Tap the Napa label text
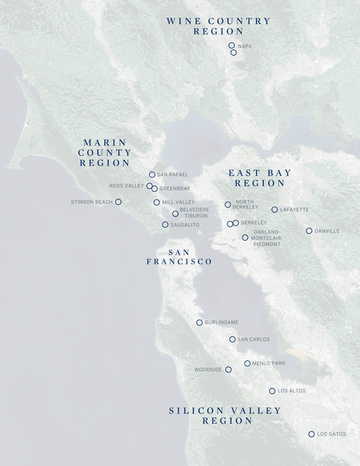tap(245, 46)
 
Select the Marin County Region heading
tap(104, 152)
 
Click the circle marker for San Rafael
tap(152, 175)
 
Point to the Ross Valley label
tap(126, 186)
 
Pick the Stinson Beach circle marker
tap(118, 201)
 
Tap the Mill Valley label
tap(177, 202)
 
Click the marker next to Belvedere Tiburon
tap(176, 214)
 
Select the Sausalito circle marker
tap(165, 225)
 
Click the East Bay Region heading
tap(259, 178)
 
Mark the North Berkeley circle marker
tap(228, 205)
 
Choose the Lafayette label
tap(294, 209)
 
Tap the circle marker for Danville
tap(309, 231)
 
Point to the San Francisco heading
tap(179, 257)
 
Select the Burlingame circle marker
tap(199, 323)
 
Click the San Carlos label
tap(253, 340)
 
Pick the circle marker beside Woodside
tap(228, 370)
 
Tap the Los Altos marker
tap(272, 391)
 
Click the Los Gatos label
tap(331, 434)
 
